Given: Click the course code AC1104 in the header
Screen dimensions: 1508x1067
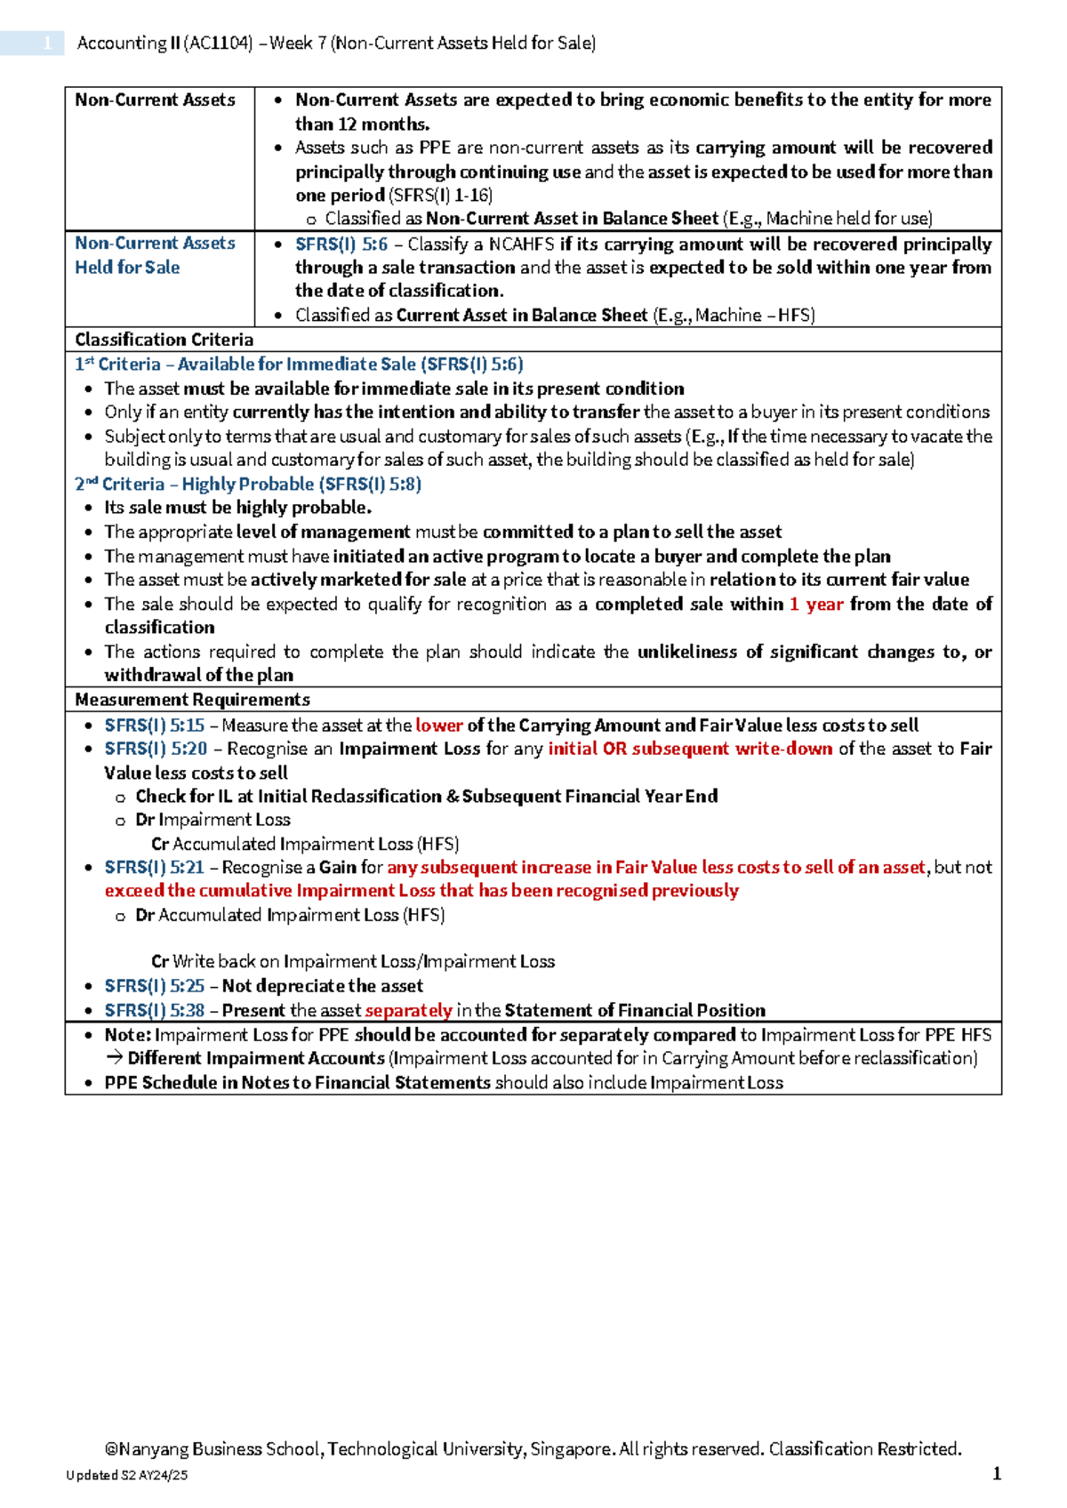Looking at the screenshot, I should [x=218, y=43].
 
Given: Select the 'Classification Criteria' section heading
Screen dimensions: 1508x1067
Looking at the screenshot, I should [x=164, y=340].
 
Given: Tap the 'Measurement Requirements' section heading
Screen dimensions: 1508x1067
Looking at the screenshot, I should [x=192, y=700].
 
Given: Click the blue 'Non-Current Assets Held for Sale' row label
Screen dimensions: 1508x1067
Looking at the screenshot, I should [x=155, y=255].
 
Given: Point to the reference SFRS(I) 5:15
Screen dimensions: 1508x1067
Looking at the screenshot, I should [x=155, y=726].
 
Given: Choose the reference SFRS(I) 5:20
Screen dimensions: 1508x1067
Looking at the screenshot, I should [x=156, y=749].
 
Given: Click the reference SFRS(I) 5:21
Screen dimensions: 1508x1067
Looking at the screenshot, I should [x=155, y=867].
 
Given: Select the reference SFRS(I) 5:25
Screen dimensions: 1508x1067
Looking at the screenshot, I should [x=155, y=986].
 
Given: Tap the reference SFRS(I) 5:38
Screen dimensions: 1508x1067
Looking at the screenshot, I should [x=155, y=1010].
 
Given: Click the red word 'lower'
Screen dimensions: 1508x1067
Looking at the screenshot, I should [x=439, y=726].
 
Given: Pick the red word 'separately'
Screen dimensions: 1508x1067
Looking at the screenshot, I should [x=409, y=1010].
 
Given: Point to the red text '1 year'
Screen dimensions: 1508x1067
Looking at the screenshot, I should [x=816, y=605].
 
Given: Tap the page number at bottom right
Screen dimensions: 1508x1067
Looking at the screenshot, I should [x=997, y=1473].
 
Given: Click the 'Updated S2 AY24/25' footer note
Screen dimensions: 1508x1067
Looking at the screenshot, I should [x=126, y=1475].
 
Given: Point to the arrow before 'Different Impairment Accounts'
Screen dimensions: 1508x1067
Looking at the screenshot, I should [x=114, y=1058].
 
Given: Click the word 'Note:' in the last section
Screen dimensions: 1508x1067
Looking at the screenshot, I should [x=128, y=1035].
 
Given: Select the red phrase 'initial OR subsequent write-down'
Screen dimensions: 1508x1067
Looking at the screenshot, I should [x=690, y=749].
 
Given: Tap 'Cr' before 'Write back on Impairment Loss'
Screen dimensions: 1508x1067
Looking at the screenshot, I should [x=160, y=961].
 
